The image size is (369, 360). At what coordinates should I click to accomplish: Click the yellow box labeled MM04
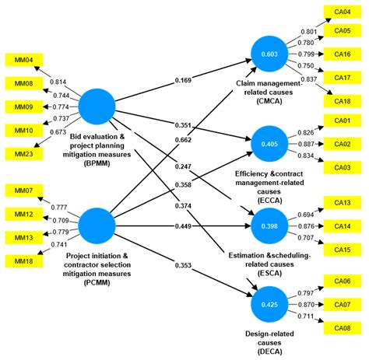[x=19, y=59]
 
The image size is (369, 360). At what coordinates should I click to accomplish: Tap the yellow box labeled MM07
[x=19, y=190]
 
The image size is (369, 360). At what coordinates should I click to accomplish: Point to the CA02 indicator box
[x=342, y=145]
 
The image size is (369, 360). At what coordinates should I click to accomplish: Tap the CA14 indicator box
[x=342, y=225]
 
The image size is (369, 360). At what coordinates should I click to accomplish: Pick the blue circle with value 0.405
[x=269, y=143]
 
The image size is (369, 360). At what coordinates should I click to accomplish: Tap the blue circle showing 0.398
[x=269, y=225]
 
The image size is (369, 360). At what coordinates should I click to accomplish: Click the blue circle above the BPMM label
[x=99, y=107]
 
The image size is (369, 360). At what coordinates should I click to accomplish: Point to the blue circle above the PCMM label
[x=99, y=225]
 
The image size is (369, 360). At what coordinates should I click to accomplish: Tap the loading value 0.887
[x=309, y=145]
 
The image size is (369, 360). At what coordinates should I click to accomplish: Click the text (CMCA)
[x=269, y=100]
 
